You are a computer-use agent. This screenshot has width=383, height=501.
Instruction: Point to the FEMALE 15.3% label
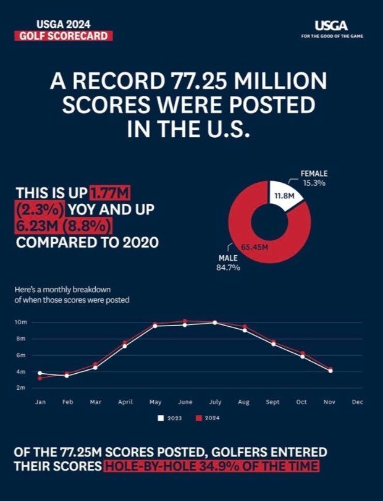[x=314, y=179]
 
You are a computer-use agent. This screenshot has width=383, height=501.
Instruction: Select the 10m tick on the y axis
[x=20, y=322]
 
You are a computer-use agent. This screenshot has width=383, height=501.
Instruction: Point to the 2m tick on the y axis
[x=20, y=388]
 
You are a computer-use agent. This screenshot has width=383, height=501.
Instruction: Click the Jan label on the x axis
[x=40, y=402]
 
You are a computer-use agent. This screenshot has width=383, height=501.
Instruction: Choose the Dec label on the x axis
[x=357, y=402]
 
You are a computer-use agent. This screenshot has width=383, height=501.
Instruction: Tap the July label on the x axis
[x=214, y=402]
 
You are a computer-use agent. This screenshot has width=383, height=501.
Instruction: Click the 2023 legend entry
[x=171, y=418]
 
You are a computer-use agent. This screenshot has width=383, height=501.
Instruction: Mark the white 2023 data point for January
[x=40, y=373]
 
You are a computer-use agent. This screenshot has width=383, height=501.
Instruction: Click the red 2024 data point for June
[x=185, y=321]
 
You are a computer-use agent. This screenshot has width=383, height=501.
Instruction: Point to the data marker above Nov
[x=330, y=370]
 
